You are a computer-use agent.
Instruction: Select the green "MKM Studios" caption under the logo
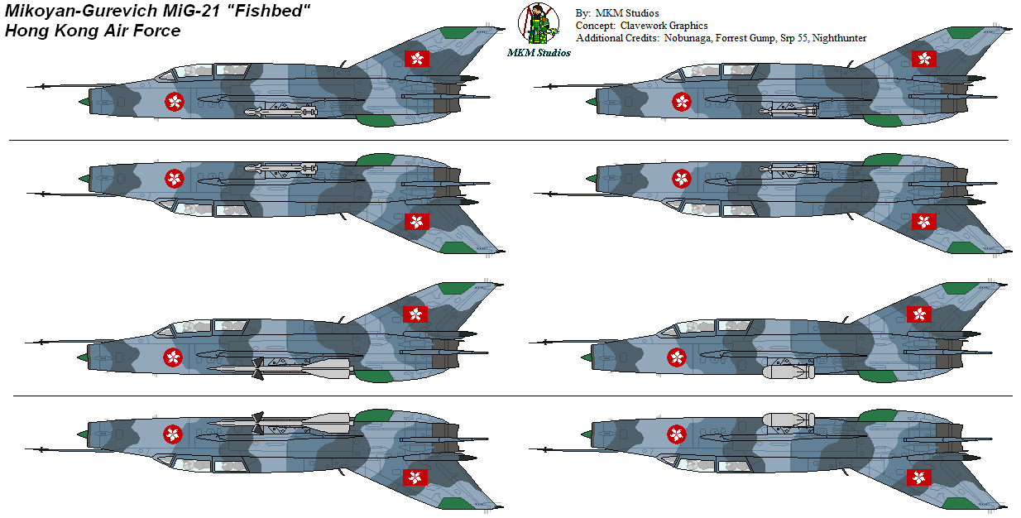tap(539, 52)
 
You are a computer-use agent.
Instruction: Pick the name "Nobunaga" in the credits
tap(686, 38)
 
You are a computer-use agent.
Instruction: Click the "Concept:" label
tap(596, 26)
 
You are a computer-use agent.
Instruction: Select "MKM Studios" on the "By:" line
tap(626, 13)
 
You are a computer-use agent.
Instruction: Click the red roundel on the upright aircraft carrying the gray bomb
tap(678, 357)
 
